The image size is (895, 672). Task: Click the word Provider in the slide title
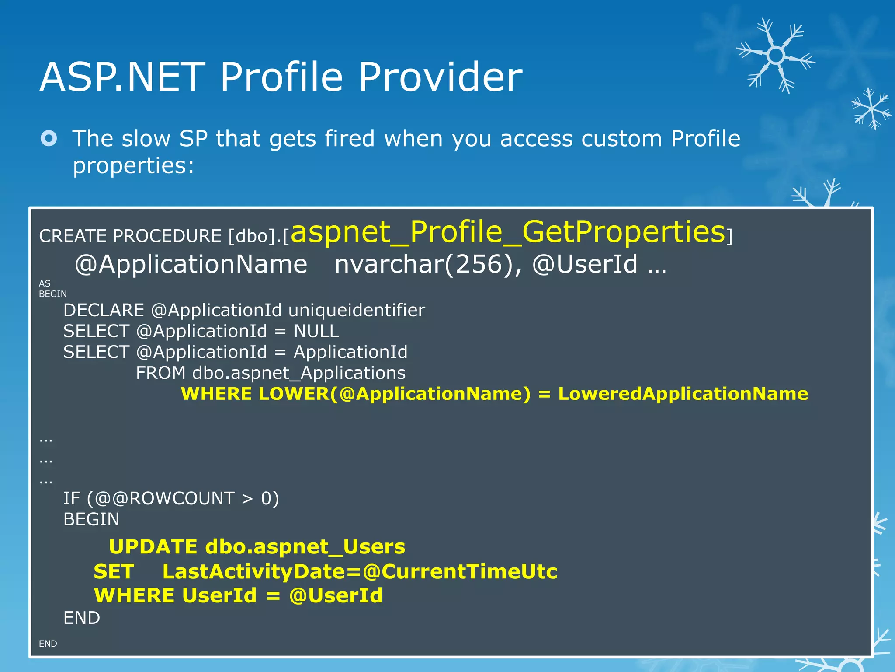[x=440, y=77]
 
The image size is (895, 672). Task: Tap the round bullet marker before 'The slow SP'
[x=49, y=139]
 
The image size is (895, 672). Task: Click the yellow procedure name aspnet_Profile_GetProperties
[x=508, y=232]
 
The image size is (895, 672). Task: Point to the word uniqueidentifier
[x=357, y=311]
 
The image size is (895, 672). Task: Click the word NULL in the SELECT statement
[x=316, y=331]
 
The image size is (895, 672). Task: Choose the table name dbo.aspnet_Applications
[x=299, y=373]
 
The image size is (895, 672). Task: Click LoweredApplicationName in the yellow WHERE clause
[x=683, y=394]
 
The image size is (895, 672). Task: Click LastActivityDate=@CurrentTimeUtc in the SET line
[x=360, y=572]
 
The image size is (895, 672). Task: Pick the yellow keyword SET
[x=114, y=572]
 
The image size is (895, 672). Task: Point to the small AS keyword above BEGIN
[x=45, y=283]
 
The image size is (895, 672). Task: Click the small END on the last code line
[x=48, y=644]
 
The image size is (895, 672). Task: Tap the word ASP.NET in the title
[x=122, y=77]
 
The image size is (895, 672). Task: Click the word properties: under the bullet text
[x=133, y=166]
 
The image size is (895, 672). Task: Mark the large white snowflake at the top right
[x=776, y=56]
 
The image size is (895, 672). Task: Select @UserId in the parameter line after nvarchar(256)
[x=585, y=264]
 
